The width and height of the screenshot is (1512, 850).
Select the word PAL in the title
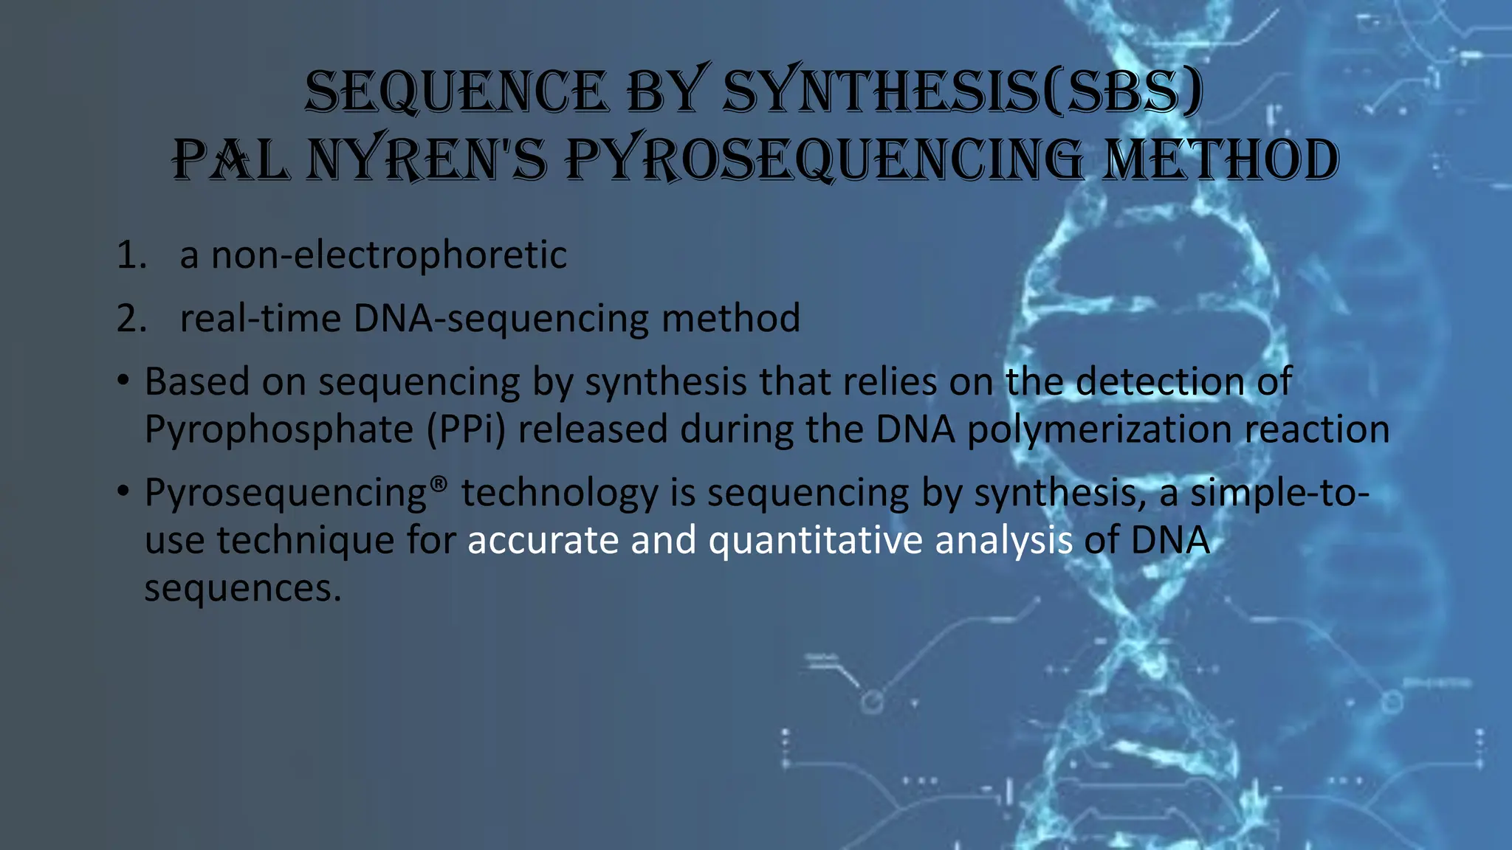click(230, 160)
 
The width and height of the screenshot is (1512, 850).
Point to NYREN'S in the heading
click(427, 160)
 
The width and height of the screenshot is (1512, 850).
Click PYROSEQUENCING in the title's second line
click(824, 160)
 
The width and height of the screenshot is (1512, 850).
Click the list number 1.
click(131, 255)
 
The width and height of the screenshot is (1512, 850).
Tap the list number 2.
click(131, 319)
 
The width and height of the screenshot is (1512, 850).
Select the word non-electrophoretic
click(389, 255)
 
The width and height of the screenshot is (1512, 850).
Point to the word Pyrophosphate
click(278, 429)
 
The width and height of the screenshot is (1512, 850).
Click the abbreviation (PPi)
click(466, 429)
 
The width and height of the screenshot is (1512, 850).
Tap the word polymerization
click(1099, 429)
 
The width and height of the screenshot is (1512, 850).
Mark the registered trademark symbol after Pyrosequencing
click(439, 483)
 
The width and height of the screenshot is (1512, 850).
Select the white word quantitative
click(815, 539)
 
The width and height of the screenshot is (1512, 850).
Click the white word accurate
click(543, 539)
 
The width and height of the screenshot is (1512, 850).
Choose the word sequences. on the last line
click(243, 588)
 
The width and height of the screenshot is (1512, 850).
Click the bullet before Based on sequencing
click(123, 381)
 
